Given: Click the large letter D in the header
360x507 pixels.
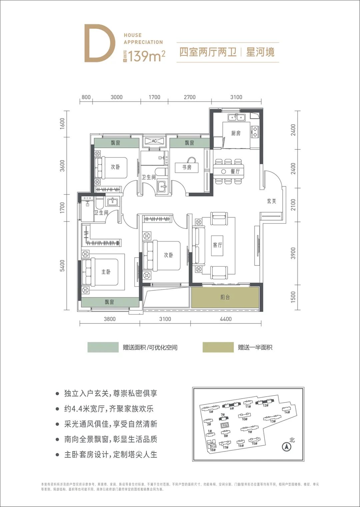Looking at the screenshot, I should [x=99, y=43].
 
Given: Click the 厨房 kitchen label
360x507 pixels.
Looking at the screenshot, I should [x=236, y=133].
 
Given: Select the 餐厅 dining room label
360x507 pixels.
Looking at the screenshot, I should [x=235, y=171].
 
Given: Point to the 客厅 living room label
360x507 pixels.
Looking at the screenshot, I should [x=217, y=245].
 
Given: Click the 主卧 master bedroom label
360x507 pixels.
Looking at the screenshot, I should [x=106, y=272].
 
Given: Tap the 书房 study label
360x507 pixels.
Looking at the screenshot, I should [x=187, y=167].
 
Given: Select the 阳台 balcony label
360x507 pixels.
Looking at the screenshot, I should [x=225, y=297].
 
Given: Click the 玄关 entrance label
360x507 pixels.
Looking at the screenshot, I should [x=272, y=201].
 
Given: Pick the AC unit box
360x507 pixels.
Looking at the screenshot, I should [x=154, y=141].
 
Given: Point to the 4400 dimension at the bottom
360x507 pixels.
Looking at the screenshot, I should [x=226, y=319].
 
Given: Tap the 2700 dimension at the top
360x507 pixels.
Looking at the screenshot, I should [x=190, y=97].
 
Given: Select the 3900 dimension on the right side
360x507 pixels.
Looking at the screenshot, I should [x=293, y=253].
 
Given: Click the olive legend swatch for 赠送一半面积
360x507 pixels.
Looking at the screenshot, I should [x=218, y=347].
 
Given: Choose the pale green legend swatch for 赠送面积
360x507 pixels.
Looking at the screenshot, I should [x=103, y=347].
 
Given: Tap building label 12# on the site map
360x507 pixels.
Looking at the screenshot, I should [x=265, y=406].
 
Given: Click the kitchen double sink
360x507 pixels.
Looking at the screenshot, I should [x=237, y=117].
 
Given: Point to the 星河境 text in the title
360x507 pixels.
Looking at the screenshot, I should [x=260, y=52].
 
